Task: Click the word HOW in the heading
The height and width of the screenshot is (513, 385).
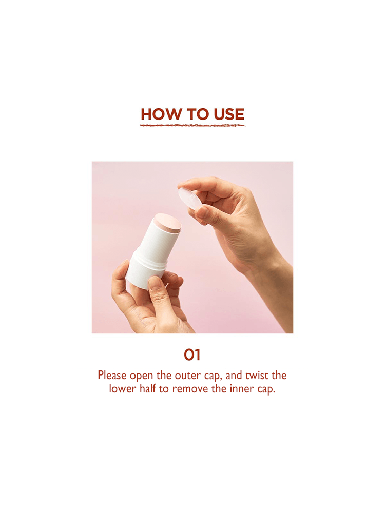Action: [x=158, y=114]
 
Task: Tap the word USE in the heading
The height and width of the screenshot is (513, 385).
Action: [x=229, y=114]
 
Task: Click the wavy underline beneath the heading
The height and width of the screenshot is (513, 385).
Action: [x=192, y=125]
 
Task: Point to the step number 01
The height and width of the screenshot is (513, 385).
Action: [x=192, y=354]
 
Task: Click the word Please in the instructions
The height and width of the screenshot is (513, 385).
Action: [x=112, y=376]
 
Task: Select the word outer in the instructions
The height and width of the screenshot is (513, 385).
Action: [x=185, y=376]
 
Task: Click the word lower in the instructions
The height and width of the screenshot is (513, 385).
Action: [x=121, y=389]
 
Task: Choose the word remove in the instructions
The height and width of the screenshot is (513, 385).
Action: [x=190, y=389]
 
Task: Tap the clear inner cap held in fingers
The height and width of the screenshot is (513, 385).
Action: [x=190, y=199]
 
